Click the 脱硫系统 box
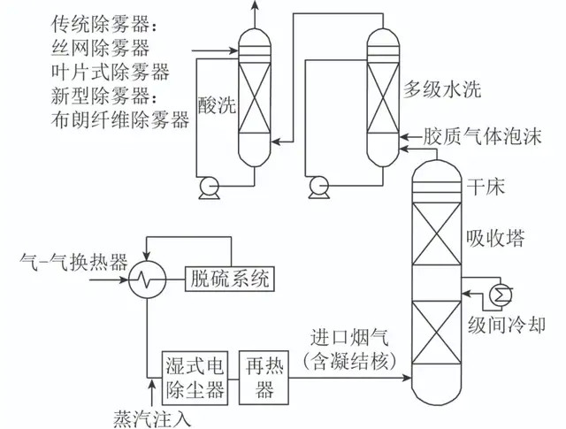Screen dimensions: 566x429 [230, 279]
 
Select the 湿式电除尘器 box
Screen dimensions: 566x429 [195, 378]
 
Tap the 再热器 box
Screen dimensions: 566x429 [264, 378]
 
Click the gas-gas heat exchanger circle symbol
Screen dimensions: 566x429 [148, 280]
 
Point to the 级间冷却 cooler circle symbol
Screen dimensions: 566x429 [501, 295]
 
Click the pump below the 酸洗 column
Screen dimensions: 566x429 [210, 188]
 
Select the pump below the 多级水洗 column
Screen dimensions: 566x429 [319, 188]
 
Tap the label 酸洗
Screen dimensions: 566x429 [217, 106]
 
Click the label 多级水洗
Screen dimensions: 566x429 [442, 88]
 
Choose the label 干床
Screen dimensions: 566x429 [486, 187]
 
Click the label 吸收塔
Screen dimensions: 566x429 [495, 238]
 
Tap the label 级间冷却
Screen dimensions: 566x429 [507, 324]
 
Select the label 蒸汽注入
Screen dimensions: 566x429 [152, 419]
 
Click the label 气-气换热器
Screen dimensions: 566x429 [74, 262]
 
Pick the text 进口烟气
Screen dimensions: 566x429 [349, 338]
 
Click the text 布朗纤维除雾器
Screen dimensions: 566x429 [120, 119]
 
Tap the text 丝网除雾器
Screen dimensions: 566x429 [100, 47]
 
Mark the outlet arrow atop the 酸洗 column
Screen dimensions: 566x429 [255, 14]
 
